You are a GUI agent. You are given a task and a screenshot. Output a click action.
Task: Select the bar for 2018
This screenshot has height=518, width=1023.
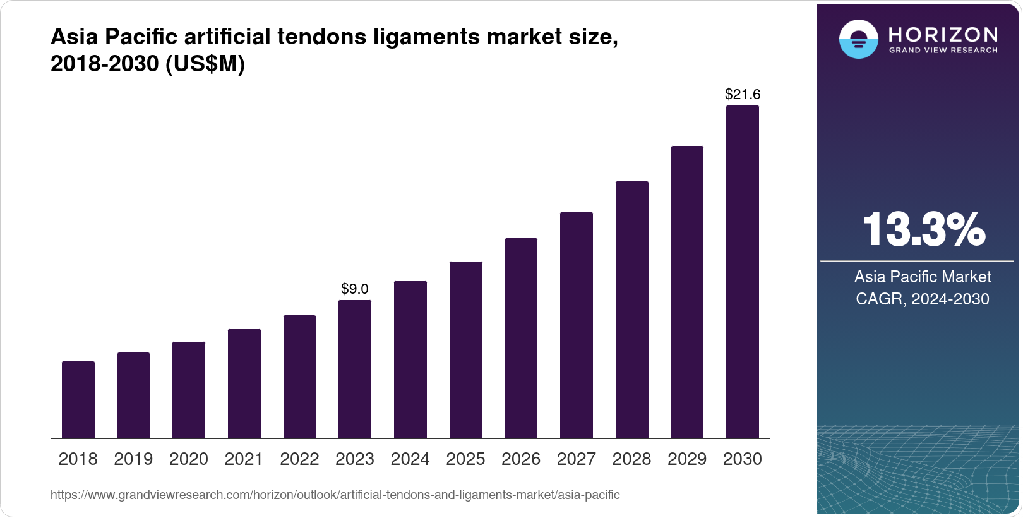pos(78,400)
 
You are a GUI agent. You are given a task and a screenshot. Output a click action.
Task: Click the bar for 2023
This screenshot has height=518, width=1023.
pos(355,370)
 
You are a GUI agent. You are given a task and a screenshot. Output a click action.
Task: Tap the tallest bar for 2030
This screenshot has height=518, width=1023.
pos(742,272)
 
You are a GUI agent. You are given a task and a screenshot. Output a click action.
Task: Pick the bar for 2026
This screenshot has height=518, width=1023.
pos(521,339)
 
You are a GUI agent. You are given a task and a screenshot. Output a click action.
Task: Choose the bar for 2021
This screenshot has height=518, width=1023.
pos(244,384)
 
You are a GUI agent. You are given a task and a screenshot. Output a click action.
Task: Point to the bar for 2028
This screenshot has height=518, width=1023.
pos(631,310)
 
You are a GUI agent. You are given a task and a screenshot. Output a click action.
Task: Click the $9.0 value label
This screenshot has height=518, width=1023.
pos(355,289)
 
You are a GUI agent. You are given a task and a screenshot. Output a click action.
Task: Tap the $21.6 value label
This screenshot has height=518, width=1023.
pos(742,95)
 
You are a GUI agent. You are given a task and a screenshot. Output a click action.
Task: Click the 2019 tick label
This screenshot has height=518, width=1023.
pos(133,459)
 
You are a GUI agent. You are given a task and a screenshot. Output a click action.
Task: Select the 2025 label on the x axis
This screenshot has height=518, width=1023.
pos(465,459)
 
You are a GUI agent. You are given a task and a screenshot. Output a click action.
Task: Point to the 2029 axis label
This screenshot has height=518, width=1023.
pos(687,459)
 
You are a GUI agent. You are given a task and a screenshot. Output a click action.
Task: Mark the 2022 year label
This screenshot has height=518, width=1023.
pos(299,459)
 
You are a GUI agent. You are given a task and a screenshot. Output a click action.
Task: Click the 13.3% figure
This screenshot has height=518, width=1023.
pos(923,229)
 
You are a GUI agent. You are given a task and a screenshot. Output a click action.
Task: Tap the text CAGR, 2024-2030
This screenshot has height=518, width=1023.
pos(922,299)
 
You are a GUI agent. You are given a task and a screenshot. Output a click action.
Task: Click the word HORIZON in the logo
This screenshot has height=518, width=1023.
pos(943,34)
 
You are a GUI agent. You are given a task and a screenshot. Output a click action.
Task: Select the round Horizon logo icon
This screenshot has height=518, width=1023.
pos(858,40)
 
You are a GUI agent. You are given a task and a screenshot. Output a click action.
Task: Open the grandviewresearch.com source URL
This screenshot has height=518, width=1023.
pos(335,495)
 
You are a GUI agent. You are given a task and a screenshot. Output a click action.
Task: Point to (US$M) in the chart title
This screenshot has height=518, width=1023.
pos(205,64)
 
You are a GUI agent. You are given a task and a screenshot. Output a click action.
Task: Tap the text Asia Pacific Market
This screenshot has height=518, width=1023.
pos(923,277)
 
